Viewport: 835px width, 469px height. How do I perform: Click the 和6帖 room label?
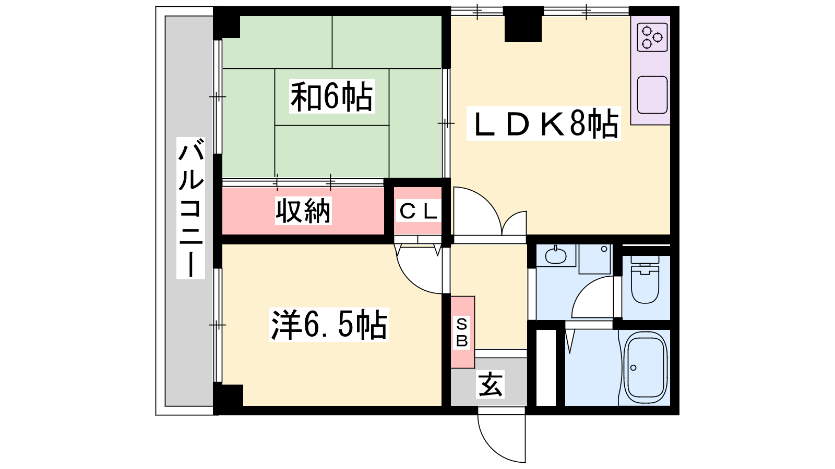(x=331, y=96)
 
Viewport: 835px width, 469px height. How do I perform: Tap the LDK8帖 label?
(x=544, y=124)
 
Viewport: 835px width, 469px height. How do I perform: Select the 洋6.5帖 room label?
(x=329, y=325)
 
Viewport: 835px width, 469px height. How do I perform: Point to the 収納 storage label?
(x=303, y=211)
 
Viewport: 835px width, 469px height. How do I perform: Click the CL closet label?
(x=418, y=212)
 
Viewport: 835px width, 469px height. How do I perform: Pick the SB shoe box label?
(x=462, y=332)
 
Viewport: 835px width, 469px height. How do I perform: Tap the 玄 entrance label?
(x=490, y=385)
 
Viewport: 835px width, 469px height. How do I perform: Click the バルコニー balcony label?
(x=191, y=208)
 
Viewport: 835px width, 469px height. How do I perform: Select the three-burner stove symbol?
(x=652, y=37)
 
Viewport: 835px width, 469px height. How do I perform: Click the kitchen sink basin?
(x=652, y=95)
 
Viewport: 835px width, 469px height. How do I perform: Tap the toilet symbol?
(x=645, y=283)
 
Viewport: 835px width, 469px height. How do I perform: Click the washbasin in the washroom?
(x=555, y=256)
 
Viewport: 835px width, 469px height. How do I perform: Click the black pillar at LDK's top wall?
(x=523, y=24)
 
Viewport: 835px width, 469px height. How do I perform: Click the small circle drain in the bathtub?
(x=634, y=368)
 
